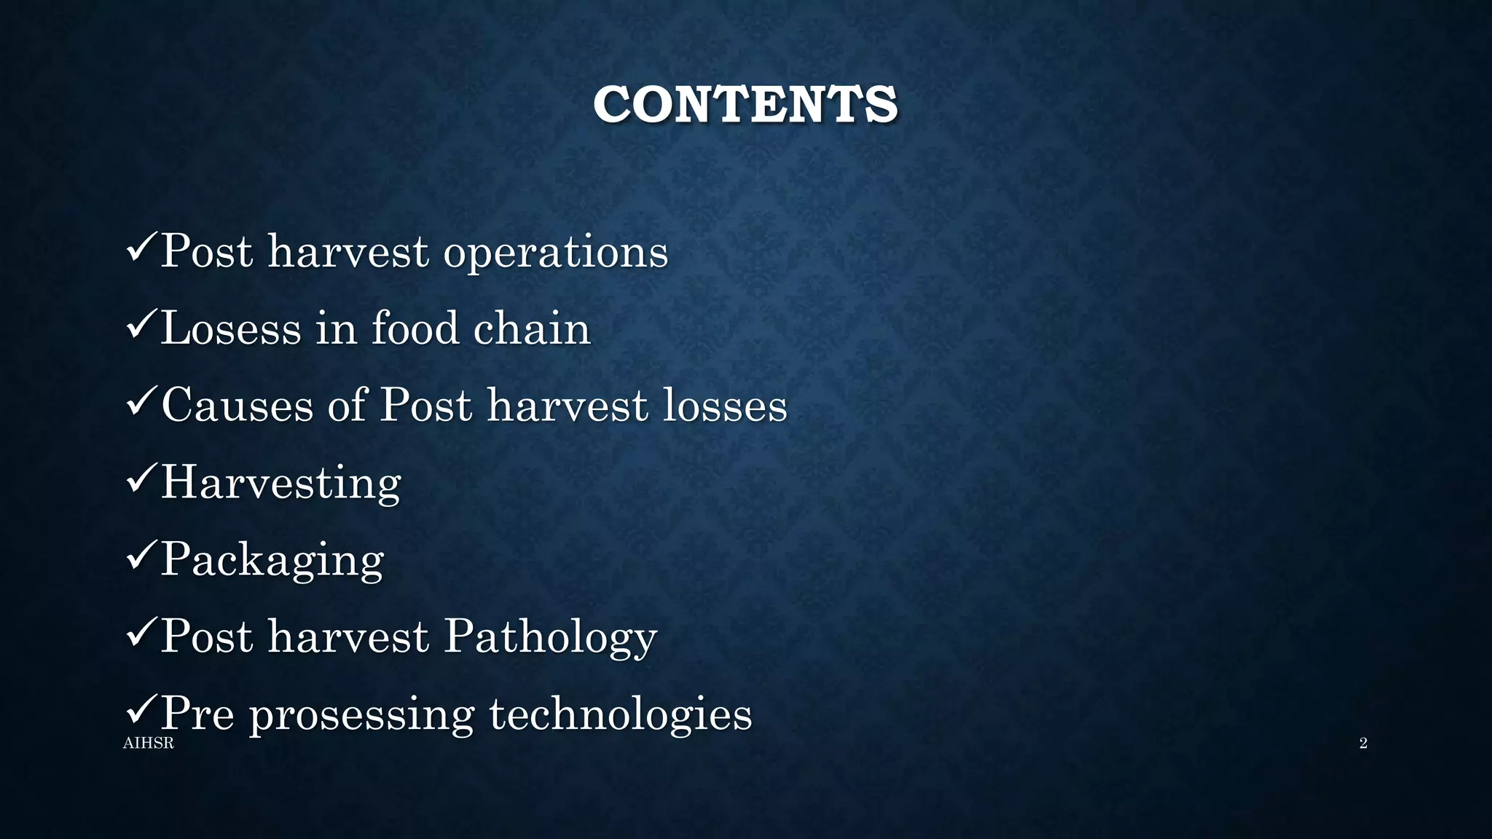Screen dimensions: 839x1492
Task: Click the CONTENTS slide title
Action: [x=745, y=104]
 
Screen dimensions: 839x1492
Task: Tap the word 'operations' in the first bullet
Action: [x=555, y=253]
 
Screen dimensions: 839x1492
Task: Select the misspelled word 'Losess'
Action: [x=230, y=328]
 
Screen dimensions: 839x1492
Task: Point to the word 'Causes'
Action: [x=237, y=406]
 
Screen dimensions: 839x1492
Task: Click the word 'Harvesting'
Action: [x=280, y=483]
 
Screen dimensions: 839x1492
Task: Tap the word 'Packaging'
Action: [x=272, y=560]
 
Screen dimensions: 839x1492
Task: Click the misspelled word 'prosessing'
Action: [x=362, y=714]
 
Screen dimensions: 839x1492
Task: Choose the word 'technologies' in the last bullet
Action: [x=620, y=714]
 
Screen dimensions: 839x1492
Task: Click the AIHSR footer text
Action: [x=149, y=744]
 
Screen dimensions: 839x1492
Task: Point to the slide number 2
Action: [x=1363, y=744]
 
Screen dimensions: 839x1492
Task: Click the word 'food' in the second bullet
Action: [x=414, y=328]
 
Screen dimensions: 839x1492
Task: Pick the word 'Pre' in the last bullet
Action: [x=197, y=714]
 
